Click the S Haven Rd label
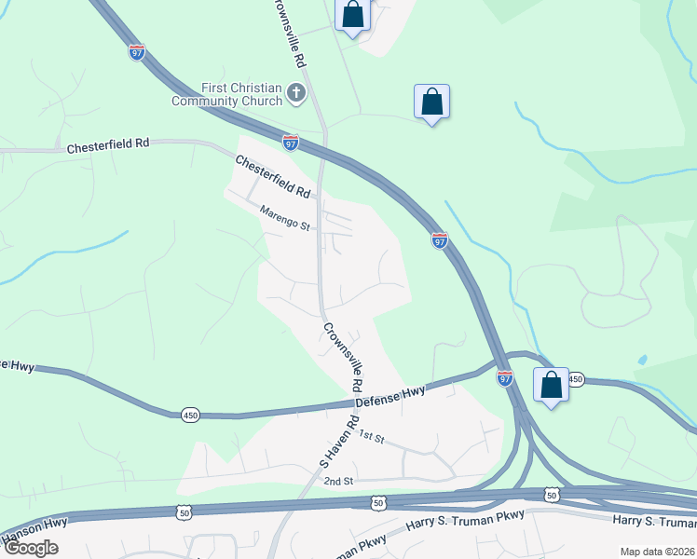[339, 442]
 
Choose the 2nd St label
[338, 481]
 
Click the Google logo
[32, 547]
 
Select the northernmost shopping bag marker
[353, 15]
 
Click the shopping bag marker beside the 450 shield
[551, 385]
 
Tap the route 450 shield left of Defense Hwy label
[189, 412]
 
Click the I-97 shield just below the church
[291, 142]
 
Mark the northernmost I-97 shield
[137, 51]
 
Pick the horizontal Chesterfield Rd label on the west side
[108, 146]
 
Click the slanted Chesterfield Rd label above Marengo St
[272, 177]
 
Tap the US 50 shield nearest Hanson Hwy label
[184, 511]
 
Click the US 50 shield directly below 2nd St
[378, 502]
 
